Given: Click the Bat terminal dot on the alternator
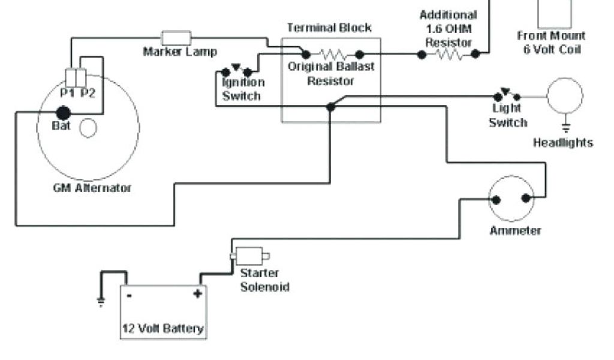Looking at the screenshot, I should pos(63,112).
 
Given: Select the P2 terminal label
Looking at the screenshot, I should pos(88,92).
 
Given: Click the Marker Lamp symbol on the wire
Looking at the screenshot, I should pos(176,37).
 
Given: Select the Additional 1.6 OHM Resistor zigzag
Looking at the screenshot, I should pos(449,54).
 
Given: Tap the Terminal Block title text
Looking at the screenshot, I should pos(329,28).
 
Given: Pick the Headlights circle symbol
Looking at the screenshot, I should pos(564,96).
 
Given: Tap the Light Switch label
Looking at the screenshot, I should pos(507,115).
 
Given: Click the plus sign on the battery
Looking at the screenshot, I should pos(196,293).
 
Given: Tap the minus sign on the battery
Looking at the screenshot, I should pos(129,295).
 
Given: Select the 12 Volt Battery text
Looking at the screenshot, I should pos(163,328).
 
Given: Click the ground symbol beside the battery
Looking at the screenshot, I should pos(101,301).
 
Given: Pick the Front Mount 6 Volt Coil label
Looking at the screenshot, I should pos(551,43).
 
